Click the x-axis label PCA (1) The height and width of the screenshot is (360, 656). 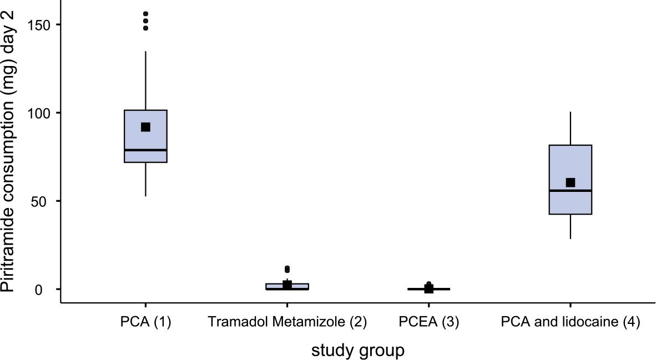coord(145,322)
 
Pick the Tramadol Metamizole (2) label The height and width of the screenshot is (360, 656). coord(287,322)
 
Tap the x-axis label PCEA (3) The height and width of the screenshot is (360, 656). coord(429,322)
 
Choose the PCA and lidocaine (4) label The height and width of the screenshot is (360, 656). coord(571,322)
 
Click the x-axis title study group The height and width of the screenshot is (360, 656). coord(358,351)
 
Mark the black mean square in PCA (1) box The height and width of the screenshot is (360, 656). coord(145,127)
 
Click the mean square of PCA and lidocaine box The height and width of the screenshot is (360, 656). coord(571,182)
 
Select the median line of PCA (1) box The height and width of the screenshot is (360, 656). coord(145,150)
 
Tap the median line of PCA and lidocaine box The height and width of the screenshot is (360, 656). coord(571,191)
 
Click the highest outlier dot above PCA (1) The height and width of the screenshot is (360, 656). coord(145,14)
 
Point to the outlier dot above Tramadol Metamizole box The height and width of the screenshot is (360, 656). coord(287,269)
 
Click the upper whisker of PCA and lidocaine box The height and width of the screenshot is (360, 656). coord(571,128)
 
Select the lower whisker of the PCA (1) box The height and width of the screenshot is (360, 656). coord(145,179)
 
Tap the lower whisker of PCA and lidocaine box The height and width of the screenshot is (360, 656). coord(571,227)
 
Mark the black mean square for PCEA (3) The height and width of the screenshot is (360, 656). coord(429,288)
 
